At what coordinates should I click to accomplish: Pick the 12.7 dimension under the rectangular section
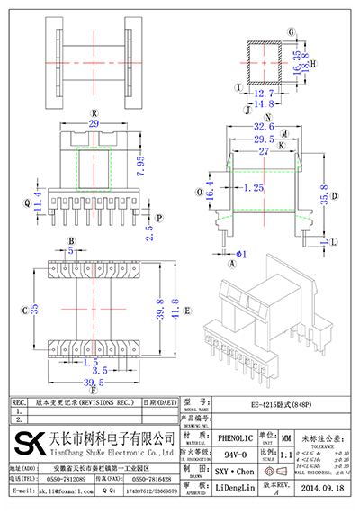tap(263, 93)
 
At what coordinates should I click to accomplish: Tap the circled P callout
tap(158, 218)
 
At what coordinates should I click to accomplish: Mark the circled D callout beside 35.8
tap(336, 195)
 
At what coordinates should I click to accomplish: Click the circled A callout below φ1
tap(231, 265)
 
